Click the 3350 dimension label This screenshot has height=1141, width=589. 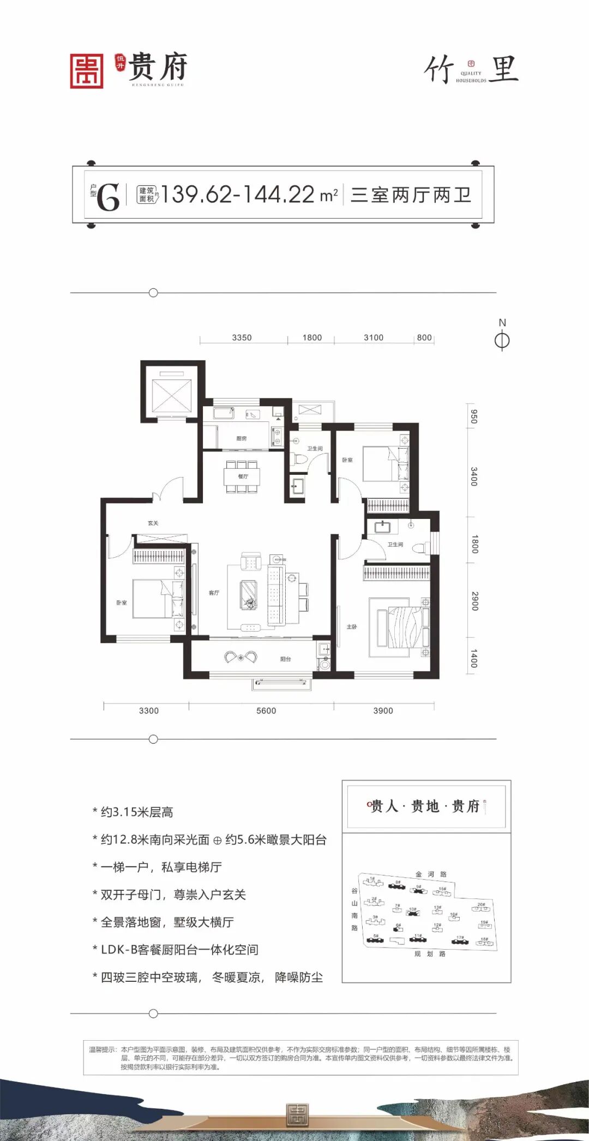(x=242, y=337)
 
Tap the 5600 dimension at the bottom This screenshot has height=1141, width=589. (x=266, y=710)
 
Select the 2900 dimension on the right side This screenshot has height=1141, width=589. (x=474, y=600)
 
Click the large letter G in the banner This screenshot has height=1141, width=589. (x=108, y=197)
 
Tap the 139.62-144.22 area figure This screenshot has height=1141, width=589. (x=238, y=195)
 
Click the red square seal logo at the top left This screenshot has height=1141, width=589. (x=87, y=71)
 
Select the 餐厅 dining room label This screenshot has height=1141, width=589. (x=243, y=476)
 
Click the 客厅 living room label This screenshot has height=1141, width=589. (x=214, y=593)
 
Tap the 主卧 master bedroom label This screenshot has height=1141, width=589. (x=352, y=627)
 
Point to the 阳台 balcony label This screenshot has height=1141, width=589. (x=285, y=659)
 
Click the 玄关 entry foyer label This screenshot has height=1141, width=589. (x=153, y=523)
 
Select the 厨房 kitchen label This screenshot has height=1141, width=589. (x=242, y=438)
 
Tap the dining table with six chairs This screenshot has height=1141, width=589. (x=242, y=477)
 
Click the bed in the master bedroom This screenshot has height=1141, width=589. (x=399, y=627)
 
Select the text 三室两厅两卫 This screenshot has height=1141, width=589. (x=411, y=195)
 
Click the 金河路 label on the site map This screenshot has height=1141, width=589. (x=431, y=874)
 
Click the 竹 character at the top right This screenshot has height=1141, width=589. (x=439, y=70)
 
